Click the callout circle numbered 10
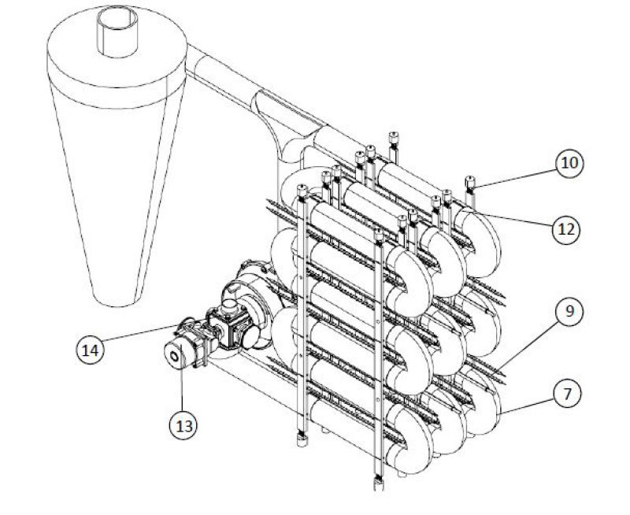click(x=569, y=163)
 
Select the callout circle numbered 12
click(x=565, y=230)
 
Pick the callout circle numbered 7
click(x=567, y=394)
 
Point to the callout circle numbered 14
click(x=90, y=350)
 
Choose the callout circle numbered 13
click(x=183, y=425)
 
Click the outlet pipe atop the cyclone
click(x=117, y=32)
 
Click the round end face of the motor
click(x=173, y=355)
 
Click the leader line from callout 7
click(x=527, y=406)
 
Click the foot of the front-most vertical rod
click(x=379, y=483)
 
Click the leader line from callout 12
click(x=518, y=220)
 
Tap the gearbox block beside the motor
click(x=230, y=326)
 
